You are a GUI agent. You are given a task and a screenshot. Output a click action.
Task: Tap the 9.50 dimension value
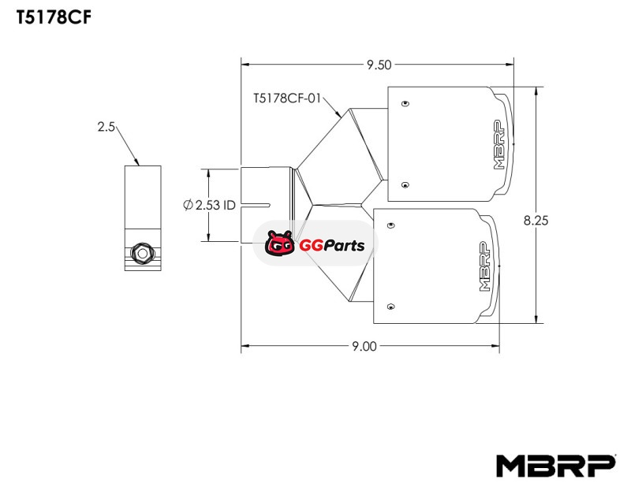coord(378,65)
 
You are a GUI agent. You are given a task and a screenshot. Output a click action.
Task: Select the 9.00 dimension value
coord(364,345)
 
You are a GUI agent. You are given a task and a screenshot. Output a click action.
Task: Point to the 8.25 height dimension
coord(536,221)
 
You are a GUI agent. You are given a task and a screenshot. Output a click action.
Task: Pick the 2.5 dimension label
coord(107,126)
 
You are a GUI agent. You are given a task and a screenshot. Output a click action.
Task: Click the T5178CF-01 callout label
coord(288,99)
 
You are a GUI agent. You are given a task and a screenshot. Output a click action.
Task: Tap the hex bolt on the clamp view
coord(140,253)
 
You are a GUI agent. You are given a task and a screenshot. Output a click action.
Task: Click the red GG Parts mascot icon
coord(279,244)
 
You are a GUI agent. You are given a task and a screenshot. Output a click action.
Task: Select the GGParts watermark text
coord(331,245)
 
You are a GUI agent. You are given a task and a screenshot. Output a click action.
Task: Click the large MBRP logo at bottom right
coord(555,466)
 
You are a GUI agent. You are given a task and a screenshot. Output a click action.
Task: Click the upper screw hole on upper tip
coord(404,103)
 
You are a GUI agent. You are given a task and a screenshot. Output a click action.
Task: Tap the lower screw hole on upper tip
coord(404,185)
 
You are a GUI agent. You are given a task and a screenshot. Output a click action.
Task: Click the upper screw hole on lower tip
coord(390,225)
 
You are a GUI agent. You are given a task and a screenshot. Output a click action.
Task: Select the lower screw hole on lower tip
coord(390,305)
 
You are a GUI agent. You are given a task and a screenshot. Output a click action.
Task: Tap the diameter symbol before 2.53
coord(188,205)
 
